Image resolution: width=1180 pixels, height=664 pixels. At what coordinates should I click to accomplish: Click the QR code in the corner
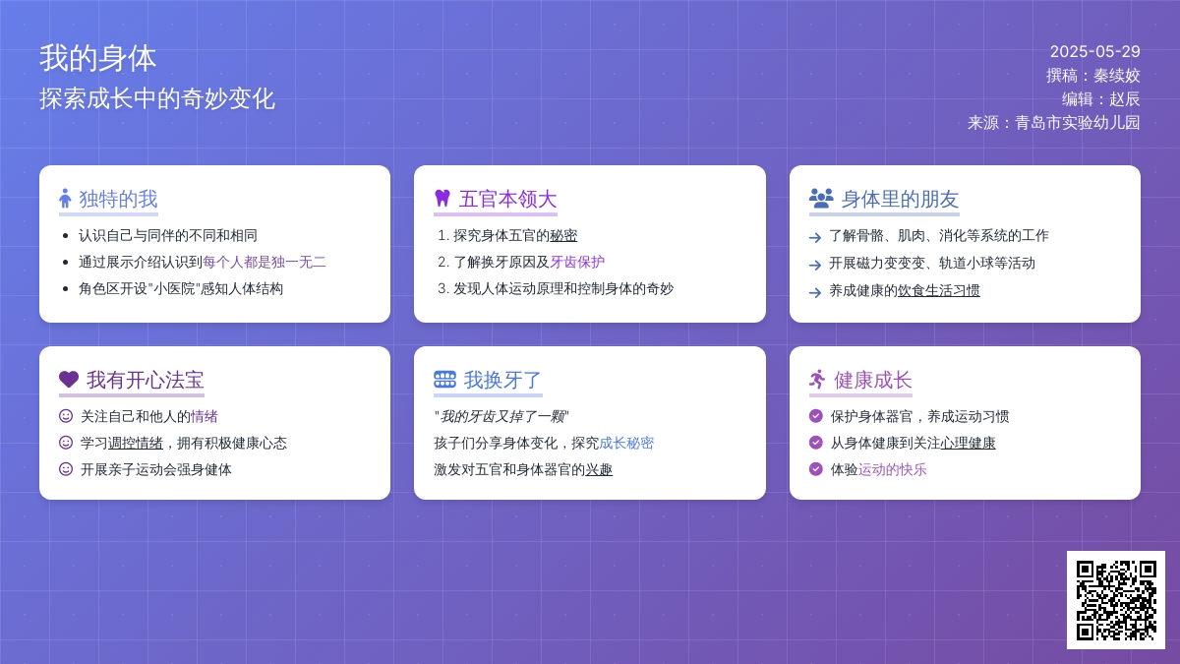tap(1116, 600)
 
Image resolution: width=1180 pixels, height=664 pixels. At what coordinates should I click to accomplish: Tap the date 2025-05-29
tap(1094, 51)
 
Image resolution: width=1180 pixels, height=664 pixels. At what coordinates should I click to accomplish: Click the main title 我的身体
tap(98, 58)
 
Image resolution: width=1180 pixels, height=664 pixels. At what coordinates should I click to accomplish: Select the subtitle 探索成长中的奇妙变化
tap(157, 98)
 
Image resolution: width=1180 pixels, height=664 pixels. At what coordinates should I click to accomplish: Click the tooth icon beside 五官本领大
tap(442, 198)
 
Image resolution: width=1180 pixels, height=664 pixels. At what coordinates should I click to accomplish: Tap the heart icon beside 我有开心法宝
tap(69, 379)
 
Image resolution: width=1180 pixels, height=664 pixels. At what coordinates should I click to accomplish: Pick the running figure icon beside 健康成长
tap(817, 380)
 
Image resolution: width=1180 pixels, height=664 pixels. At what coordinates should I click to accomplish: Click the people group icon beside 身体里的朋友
tap(821, 198)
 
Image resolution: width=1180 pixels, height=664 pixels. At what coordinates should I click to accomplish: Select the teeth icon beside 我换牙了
tap(444, 380)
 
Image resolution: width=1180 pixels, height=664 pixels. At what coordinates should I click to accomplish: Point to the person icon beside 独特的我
tap(65, 198)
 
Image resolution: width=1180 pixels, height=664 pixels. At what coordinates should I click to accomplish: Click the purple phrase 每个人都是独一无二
tap(264, 262)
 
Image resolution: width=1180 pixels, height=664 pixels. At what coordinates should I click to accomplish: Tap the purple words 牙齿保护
tap(577, 262)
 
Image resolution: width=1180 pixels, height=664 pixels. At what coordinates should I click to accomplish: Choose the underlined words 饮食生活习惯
tap(938, 290)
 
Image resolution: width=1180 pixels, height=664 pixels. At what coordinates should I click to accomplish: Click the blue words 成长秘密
tap(626, 443)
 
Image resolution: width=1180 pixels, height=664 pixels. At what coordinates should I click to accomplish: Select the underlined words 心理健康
tap(968, 443)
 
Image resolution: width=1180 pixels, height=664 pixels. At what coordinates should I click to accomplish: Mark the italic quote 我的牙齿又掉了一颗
tap(502, 416)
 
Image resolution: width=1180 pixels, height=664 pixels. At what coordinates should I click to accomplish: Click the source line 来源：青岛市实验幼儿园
tap(1053, 123)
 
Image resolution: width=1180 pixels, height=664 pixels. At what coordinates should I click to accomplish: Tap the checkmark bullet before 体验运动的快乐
tap(815, 469)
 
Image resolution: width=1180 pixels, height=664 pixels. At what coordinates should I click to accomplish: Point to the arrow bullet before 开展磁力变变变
tap(815, 265)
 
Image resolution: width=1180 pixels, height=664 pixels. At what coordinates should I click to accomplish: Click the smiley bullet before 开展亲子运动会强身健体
tap(66, 469)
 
